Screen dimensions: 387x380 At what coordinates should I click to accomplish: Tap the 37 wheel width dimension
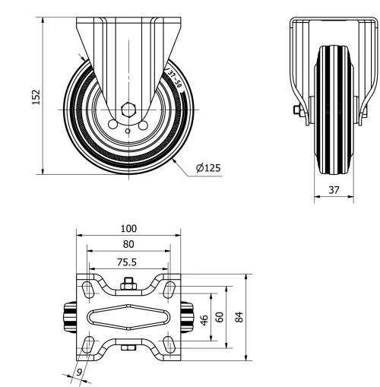[x=334, y=190]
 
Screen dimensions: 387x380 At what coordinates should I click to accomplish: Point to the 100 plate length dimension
[x=128, y=228]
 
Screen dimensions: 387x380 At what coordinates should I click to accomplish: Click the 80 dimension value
[x=128, y=244]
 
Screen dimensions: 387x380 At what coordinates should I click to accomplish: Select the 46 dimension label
[x=203, y=317]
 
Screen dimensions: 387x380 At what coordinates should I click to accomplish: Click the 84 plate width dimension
[x=241, y=317]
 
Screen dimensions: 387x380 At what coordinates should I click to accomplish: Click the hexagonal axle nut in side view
[x=128, y=109]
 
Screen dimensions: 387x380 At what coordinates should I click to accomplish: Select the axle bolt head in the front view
[x=298, y=112]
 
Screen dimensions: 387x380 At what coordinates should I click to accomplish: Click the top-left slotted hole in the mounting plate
[x=89, y=288]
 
